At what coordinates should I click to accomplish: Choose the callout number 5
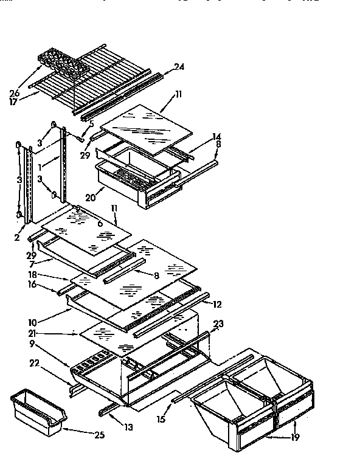pos(92,125)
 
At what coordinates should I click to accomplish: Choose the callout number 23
pos(217,324)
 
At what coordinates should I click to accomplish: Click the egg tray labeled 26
pos(61,64)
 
